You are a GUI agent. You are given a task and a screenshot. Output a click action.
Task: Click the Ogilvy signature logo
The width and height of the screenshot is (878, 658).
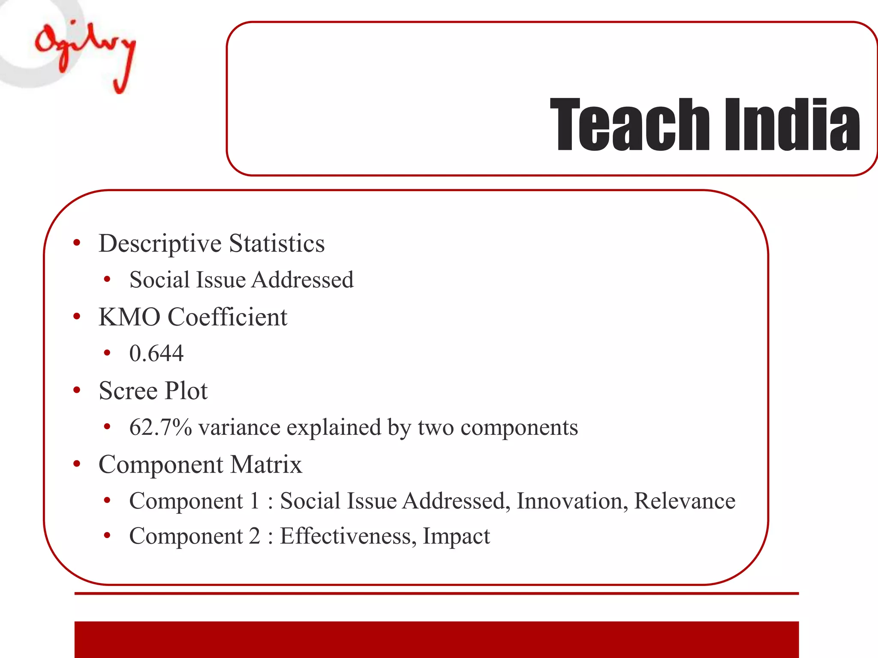tap(86, 54)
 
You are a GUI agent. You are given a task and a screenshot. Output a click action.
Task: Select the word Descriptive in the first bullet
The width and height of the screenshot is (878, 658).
tap(160, 244)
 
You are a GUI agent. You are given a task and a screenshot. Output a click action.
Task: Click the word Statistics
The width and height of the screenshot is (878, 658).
tap(277, 243)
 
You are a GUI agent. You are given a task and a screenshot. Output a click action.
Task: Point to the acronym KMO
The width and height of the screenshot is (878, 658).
tap(129, 317)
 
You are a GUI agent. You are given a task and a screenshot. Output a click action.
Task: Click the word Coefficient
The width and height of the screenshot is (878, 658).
tap(227, 317)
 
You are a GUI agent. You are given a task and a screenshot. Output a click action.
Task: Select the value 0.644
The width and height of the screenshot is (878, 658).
tap(156, 354)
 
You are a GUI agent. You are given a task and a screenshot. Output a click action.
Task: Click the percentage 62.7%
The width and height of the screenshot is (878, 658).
tap(160, 428)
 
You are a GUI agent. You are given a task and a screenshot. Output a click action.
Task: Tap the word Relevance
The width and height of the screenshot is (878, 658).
tap(685, 501)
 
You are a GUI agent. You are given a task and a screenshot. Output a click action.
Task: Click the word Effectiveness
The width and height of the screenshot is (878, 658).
tap(348, 536)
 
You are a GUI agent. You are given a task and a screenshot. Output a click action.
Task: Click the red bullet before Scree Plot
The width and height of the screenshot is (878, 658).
tap(77, 390)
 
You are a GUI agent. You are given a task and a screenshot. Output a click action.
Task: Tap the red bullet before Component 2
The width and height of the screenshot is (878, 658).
tap(107, 535)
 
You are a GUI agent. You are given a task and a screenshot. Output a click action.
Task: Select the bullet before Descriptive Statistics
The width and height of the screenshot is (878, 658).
tap(77, 243)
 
